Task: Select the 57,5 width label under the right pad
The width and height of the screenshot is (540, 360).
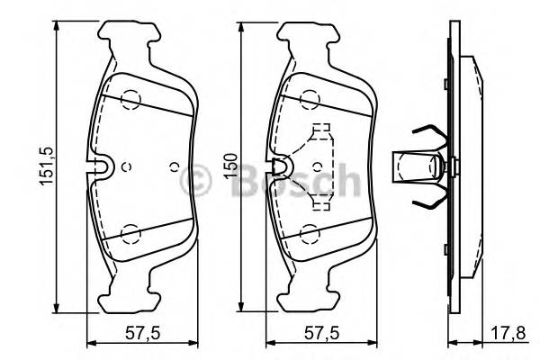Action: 317,332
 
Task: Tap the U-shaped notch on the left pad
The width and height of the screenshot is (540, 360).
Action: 102,166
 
